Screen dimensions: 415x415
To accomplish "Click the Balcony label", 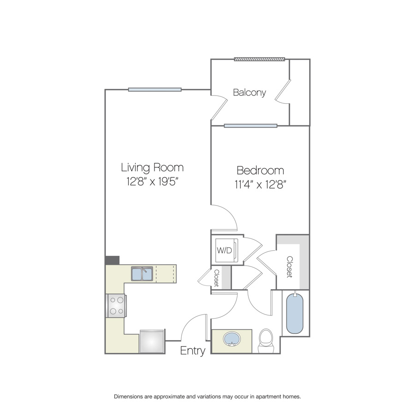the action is (x=249, y=92).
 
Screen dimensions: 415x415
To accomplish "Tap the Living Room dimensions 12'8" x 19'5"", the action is (x=152, y=182).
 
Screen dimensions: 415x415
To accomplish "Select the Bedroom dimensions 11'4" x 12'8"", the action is (x=261, y=184).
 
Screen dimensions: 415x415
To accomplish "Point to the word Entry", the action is (x=193, y=351).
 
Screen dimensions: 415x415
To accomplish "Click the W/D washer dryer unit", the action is (x=226, y=250).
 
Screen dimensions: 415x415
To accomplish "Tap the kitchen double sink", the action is (x=142, y=273).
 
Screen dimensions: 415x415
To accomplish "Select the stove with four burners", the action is (x=116, y=305).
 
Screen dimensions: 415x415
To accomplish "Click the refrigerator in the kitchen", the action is (x=152, y=341).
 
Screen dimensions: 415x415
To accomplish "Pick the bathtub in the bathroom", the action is (x=295, y=314).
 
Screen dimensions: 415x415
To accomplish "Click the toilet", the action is (x=266, y=341).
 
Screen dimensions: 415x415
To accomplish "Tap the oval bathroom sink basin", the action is (x=232, y=339).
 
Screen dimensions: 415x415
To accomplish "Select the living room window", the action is (x=155, y=90).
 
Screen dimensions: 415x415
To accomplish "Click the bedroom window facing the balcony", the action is (x=251, y=126).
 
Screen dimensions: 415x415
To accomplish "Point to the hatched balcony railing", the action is (x=259, y=59).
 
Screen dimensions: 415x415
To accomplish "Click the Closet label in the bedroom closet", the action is (x=290, y=267).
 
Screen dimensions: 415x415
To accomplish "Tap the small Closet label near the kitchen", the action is (x=217, y=278).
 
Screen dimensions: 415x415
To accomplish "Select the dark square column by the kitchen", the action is (x=112, y=260).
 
